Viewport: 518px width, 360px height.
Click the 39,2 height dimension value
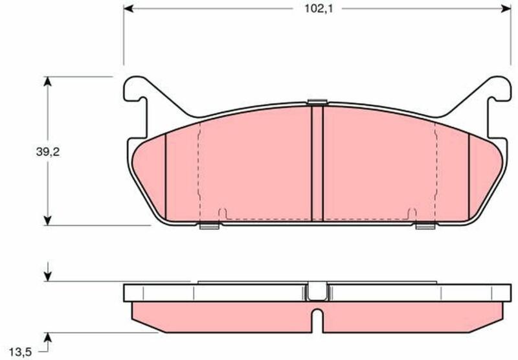(x=48, y=152)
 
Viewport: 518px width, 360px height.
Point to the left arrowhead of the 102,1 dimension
(x=128, y=8)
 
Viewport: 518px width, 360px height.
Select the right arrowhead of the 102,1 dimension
(x=506, y=8)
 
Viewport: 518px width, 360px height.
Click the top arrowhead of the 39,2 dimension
(x=48, y=82)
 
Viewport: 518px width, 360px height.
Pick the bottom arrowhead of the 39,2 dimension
(x=48, y=221)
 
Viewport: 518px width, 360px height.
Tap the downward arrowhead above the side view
(x=48, y=276)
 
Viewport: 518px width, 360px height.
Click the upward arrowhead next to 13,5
(x=48, y=337)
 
